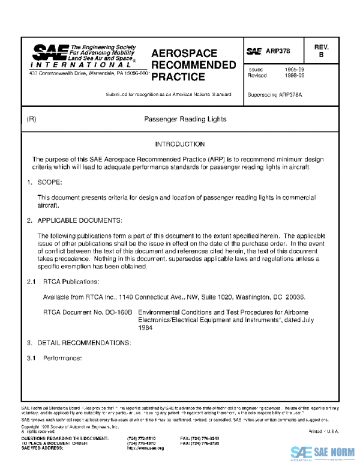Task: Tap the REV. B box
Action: pos(320,51)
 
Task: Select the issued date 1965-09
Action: pos(295,70)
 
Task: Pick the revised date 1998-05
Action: pos(295,76)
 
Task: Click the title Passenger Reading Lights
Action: pos(185,120)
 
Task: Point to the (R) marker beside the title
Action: pos(32,120)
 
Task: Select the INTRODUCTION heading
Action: pos(179,145)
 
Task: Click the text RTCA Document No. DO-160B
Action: pos(88,313)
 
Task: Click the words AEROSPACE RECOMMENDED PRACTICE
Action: pos(192,65)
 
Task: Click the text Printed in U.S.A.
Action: pos(323,431)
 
